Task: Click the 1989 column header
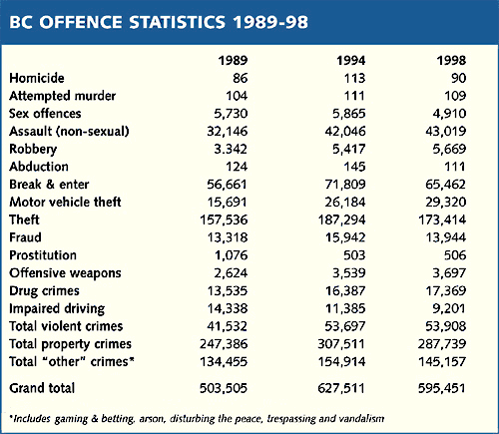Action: coord(233,60)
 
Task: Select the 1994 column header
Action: coord(351,60)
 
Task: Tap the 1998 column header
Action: coord(451,60)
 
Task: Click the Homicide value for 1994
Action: coord(354,78)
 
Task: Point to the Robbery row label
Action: coord(33,150)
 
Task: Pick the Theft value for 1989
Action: coord(224,219)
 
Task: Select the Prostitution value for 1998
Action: coord(455,255)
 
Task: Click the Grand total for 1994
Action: coord(341,388)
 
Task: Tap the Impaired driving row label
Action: coord(57,309)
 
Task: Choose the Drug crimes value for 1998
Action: coord(446,291)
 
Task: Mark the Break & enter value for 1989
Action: coord(227,185)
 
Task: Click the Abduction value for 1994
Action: coord(354,167)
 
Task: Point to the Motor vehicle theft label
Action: coord(65,202)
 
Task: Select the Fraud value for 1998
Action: coord(446,237)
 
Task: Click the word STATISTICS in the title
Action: coord(178,22)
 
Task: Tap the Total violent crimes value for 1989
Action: coord(227,326)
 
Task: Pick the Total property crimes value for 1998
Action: coord(442,344)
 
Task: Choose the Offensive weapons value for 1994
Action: coord(349,273)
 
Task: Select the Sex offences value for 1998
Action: coord(449,114)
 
